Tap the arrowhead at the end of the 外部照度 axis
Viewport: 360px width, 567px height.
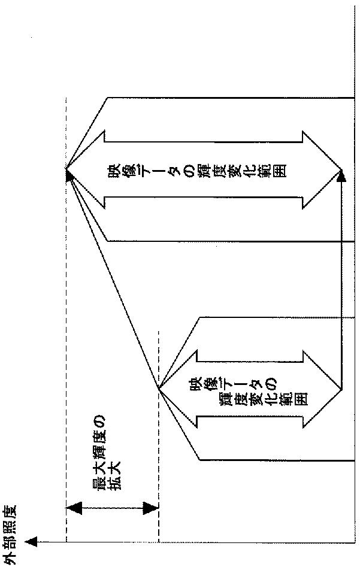pos(31,542)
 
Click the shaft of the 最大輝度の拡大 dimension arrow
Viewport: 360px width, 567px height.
pos(111,508)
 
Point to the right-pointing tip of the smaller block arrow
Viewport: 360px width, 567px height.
pos(343,389)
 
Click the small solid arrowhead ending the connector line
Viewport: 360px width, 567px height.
pos(342,177)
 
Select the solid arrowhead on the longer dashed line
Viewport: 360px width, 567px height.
pos(68,174)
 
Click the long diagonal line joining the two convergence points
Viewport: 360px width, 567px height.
pos(114,281)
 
